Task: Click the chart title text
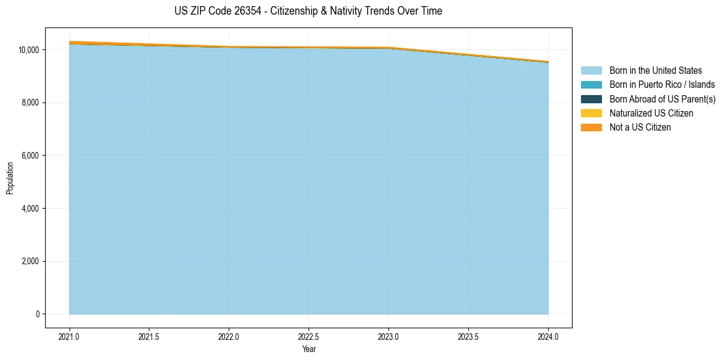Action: click(308, 11)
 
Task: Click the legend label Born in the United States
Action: click(655, 71)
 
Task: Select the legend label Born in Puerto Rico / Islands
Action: click(662, 85)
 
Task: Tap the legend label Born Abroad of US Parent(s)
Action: click(662, 99)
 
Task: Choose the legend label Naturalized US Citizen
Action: click(651, 113)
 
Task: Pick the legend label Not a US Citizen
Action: click(640, 128)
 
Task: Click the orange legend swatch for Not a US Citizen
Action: click(591, 128)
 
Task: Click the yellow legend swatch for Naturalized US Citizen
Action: click(591, 113)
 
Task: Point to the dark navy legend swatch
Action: click(591, 99)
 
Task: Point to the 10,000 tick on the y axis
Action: click(29, 49)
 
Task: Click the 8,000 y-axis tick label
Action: click(30, 103)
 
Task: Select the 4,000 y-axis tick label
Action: click(30, 209)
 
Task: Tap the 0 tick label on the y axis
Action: click(37, 314)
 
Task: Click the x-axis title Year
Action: click(309, 349)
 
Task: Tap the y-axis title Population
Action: click(10, 178)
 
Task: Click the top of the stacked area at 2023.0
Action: click(388, 47)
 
